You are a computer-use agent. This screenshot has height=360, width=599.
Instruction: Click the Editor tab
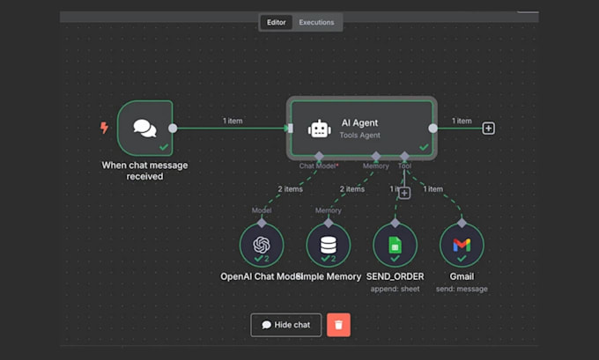[x=276, y=22]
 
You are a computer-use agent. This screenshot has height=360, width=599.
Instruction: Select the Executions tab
[x=316, y=22]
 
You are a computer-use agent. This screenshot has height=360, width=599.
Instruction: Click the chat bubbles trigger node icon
[x=144, y=128]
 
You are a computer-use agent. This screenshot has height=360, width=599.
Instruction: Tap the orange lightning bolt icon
[x=105, y=129]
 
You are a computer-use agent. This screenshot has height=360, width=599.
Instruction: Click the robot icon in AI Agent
[x=318, y=129]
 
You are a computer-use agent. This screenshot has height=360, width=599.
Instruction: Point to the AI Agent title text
[x=359, y=123]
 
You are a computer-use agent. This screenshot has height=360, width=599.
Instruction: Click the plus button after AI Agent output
[x=488, y=129]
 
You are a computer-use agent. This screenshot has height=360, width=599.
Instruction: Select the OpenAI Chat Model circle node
[x=261, y=244]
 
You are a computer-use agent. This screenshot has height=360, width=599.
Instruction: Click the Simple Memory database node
[x=328, y=244]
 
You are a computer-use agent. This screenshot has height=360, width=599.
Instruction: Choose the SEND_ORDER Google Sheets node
[x=395, y=244]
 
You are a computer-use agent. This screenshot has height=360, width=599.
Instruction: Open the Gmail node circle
[x=462, y=244]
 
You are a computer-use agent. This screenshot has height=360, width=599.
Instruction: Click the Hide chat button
[x=286, y=325]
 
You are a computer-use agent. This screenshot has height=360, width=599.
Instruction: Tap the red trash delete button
[x=338, y=325]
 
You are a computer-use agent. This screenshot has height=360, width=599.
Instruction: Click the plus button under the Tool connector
[x=404, y=193]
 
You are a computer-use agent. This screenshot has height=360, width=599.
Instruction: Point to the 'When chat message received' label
[x=144, y=170]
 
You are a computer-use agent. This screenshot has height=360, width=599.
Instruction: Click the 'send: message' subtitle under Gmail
[x=462, y=289]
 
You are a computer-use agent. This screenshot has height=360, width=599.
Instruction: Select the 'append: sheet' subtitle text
[x=395, y=289]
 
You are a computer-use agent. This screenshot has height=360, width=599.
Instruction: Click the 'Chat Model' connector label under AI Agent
[x=319, y=165]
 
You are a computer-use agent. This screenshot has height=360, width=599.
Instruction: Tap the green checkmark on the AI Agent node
[x=425, y=147]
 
